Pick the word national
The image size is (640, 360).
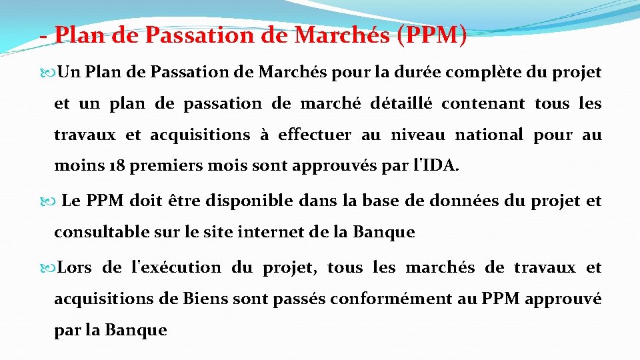(x=489, y=135)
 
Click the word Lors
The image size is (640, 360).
(x=75, y=267)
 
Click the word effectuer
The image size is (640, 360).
(x=315, y=135)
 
